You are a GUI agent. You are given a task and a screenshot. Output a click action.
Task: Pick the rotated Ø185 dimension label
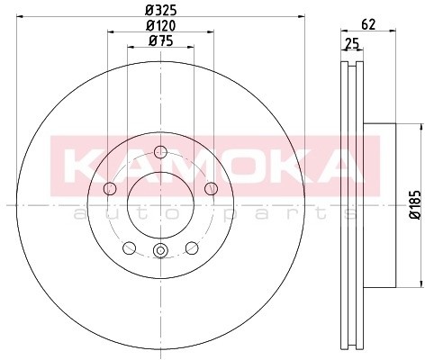click(414, 205)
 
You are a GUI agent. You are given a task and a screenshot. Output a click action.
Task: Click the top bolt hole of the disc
click(160, 151)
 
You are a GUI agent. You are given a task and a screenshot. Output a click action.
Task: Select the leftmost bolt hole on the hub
click(111, 188)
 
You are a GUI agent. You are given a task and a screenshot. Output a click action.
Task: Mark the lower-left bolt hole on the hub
click(130, 247)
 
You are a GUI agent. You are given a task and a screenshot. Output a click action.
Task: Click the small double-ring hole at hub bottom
click(160, 251)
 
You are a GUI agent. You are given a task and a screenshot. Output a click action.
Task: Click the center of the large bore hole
click(160, 204)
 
